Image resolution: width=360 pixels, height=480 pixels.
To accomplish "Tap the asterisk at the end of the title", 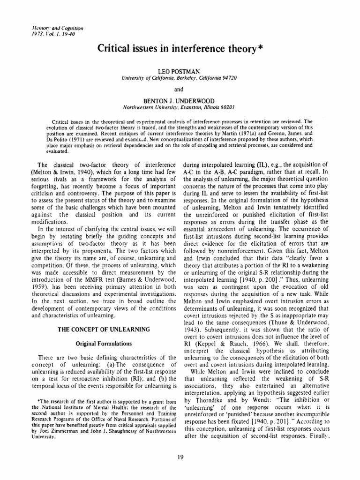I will pyautogui.click(x=259, y=47).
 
